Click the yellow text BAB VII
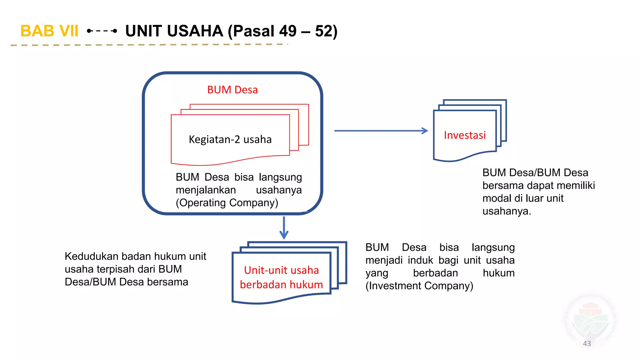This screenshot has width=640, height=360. pyautogui.click(x=49, y=31)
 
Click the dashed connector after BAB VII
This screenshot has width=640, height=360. pyautogui.click(x=102, y=31)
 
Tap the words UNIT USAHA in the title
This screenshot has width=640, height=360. pyautogui.click(x=174, y=31)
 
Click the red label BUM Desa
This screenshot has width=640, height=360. pyautogui.click(x=232, y=90)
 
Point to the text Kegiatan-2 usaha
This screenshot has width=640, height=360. pyautogui.click(x=230, y=139)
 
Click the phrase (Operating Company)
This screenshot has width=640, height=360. pyautogui.click(x=227, y=203)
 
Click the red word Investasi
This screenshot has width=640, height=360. pyautogui.click(x=465, y=135)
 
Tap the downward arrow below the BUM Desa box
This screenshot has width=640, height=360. pyautogui.click(x=284, y=228)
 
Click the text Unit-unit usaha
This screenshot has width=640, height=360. pyautogui.click(x=281, y=270)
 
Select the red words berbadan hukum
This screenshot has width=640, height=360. pyautogui.click(x=281, y=285)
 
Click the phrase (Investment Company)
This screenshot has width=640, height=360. pyautogui.click(x=419, y=286)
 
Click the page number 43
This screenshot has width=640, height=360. pyautogui.click(x=587, y=343)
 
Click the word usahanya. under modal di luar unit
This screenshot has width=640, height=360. pyautogui.click(x=507, y=211)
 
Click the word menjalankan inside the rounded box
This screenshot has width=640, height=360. pyautogui.click(x=206, y=190)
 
